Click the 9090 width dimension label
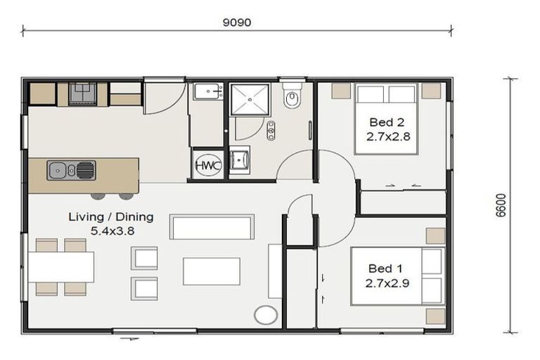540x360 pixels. tap(236, 22)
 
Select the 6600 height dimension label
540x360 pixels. tap(500, 205)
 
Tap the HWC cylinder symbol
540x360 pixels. tap(207, 164)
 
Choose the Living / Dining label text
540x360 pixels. tap(110, 217)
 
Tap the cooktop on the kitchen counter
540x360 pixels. tap(83, 91)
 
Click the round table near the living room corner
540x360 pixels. tap(266, 314)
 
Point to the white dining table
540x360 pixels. tap(60, 266)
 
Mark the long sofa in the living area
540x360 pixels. tap(212, 227)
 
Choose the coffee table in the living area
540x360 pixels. tap(211, 271)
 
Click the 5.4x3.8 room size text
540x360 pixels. tap(110, 230)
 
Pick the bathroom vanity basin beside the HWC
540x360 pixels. tap(240, 161)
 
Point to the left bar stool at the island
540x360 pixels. tap(98, 195)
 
